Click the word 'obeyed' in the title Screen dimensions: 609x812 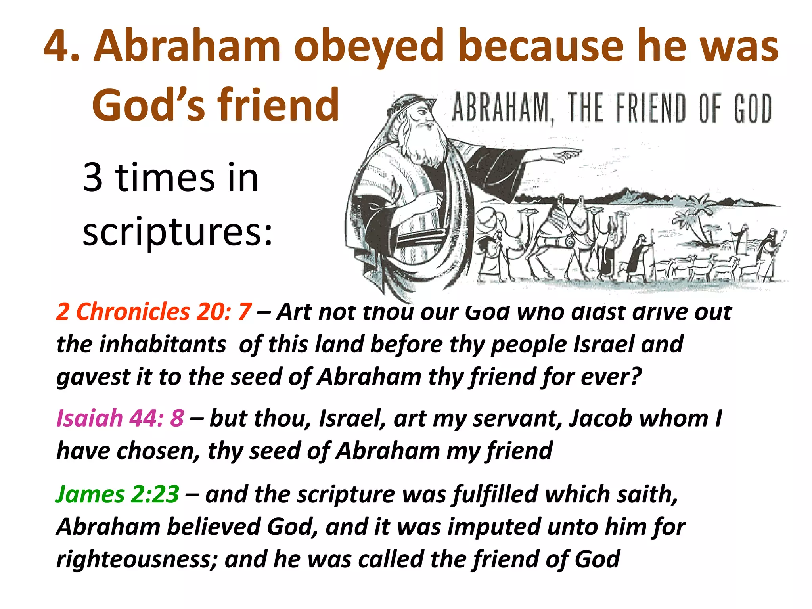point(368,47)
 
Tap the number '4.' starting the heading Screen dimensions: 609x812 point(61,47)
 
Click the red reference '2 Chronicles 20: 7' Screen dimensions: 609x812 point(154,312)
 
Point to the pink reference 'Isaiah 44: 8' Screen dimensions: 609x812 point(120,418)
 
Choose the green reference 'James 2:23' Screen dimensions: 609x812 point(117,494)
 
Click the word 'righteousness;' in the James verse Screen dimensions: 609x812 point(137,559)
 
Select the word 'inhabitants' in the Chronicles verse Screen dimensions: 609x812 point(163,344)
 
